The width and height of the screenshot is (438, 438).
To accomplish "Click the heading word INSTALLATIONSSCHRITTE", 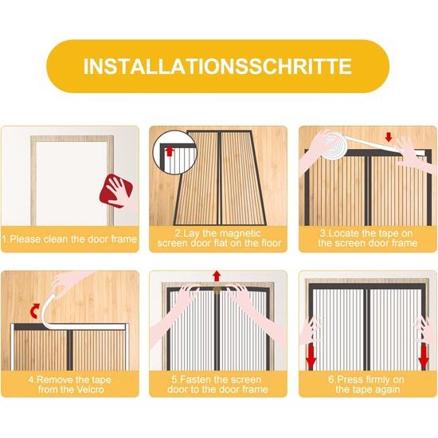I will pyautogui.click(x=218, y=65).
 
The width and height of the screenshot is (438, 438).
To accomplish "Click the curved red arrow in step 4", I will pyautogui.click(x=32, y=309).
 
